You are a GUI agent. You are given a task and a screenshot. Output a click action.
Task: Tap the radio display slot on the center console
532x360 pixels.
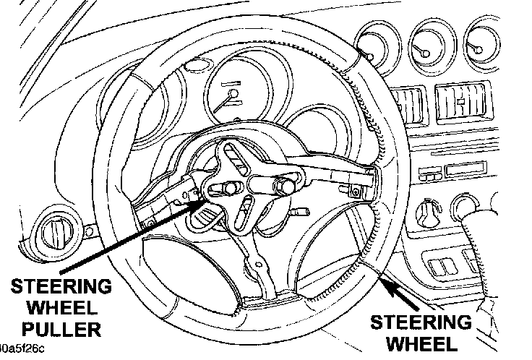460,171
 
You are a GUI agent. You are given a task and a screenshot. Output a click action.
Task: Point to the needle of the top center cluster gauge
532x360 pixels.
233,97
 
